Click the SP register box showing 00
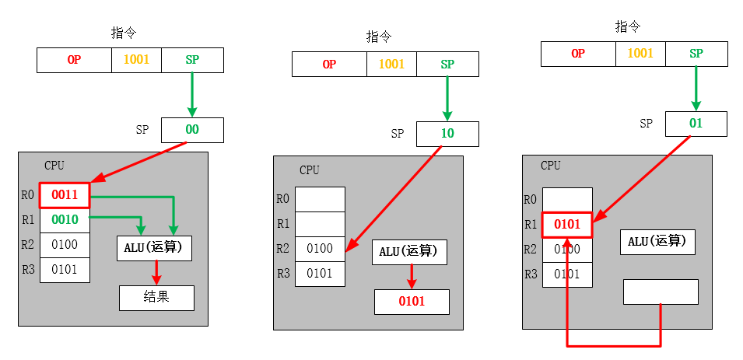point(192,130)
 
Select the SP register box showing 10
point(447,134)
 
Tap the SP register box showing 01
point(696,124)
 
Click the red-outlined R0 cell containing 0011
point(65,195)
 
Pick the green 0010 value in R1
point(65,220)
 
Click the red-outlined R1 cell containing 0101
point(567,225)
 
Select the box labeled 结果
point(156,298)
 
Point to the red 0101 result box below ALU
point(412,302)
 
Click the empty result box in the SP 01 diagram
point(661,292)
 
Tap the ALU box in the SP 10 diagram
point(409,252)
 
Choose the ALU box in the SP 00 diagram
point(154,248)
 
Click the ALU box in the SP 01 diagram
point(657,242)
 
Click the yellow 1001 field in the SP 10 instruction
point(391,64)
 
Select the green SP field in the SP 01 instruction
point(696,54)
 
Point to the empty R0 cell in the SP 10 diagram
point(320,199)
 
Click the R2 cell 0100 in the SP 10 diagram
point(320,249)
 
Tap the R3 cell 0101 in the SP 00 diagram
point(65,270)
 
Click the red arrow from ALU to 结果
point(156,272)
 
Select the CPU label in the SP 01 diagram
point(550,166)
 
